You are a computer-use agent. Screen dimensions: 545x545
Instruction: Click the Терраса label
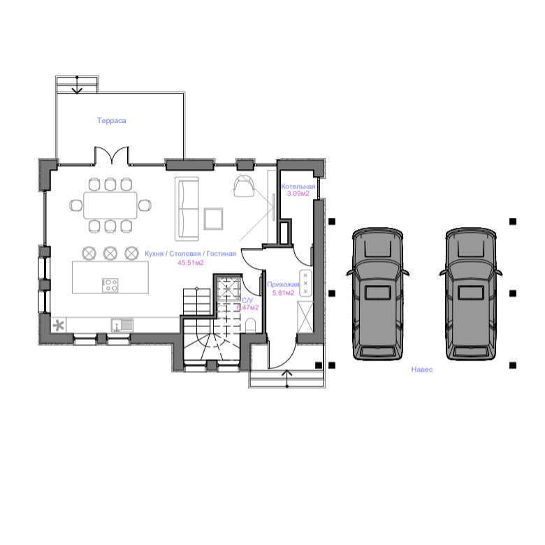coord(111,121)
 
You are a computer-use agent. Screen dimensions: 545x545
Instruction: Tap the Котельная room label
coord(298,187)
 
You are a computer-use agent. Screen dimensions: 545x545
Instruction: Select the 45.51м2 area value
coord(191,263)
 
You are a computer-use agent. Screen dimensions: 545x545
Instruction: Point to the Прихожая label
coord(284,284)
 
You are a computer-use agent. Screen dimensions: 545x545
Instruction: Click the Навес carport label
coord(421,370)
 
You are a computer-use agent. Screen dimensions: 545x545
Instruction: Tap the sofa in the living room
coord(187,208)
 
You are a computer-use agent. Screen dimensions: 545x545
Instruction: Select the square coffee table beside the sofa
coord(213,218)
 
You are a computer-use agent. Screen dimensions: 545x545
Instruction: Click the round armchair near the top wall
coord(243,187)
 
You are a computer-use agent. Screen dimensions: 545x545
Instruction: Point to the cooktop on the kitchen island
coord(110,285)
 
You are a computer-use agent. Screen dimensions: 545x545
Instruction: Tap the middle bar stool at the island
coord(110,252)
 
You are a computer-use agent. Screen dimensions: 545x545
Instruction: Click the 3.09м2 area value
coord(298,194)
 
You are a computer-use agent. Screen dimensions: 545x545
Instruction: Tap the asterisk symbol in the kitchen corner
coord(59,325)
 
